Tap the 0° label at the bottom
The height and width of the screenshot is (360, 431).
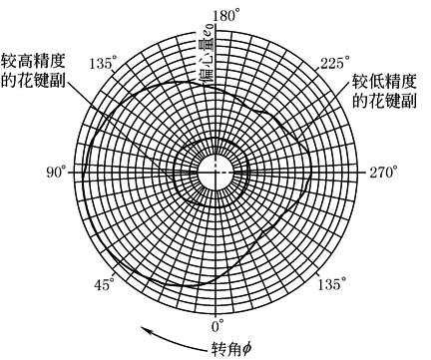click(217, 326)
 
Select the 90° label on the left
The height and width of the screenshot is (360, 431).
click(56, 173)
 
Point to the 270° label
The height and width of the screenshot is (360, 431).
click(383, 173)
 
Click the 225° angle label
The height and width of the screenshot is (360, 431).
click(335, 63)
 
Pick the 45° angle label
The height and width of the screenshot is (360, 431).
click(104, 284)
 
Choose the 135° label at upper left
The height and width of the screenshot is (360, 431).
click(104, 63)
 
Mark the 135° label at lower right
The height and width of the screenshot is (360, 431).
click(332, 284)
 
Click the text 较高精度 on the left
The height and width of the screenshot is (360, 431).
click(33, 61)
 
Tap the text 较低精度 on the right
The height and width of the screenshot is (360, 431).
click(384, 81)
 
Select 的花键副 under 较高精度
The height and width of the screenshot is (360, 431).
click(33, 80)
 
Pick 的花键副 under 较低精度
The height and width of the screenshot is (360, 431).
click(384, 100)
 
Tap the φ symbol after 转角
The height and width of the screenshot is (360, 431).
click(246, 349)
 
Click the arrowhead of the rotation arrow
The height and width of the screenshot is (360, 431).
click(146, 330)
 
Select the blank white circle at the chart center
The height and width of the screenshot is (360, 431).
click(215, 173)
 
